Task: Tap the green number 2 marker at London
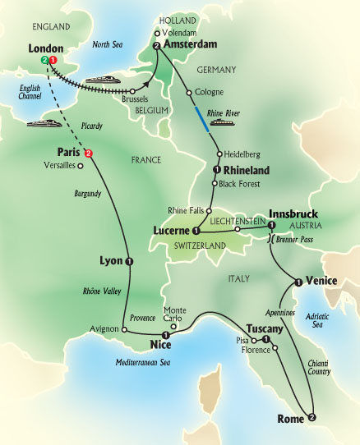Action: (44, 61)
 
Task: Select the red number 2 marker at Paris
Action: (89, 153)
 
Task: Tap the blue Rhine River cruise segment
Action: (202, 114)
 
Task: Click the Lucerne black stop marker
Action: (196, 231)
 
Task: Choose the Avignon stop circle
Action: (125, 330)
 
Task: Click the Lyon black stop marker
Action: (130, 261)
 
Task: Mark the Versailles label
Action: (62, 165)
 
